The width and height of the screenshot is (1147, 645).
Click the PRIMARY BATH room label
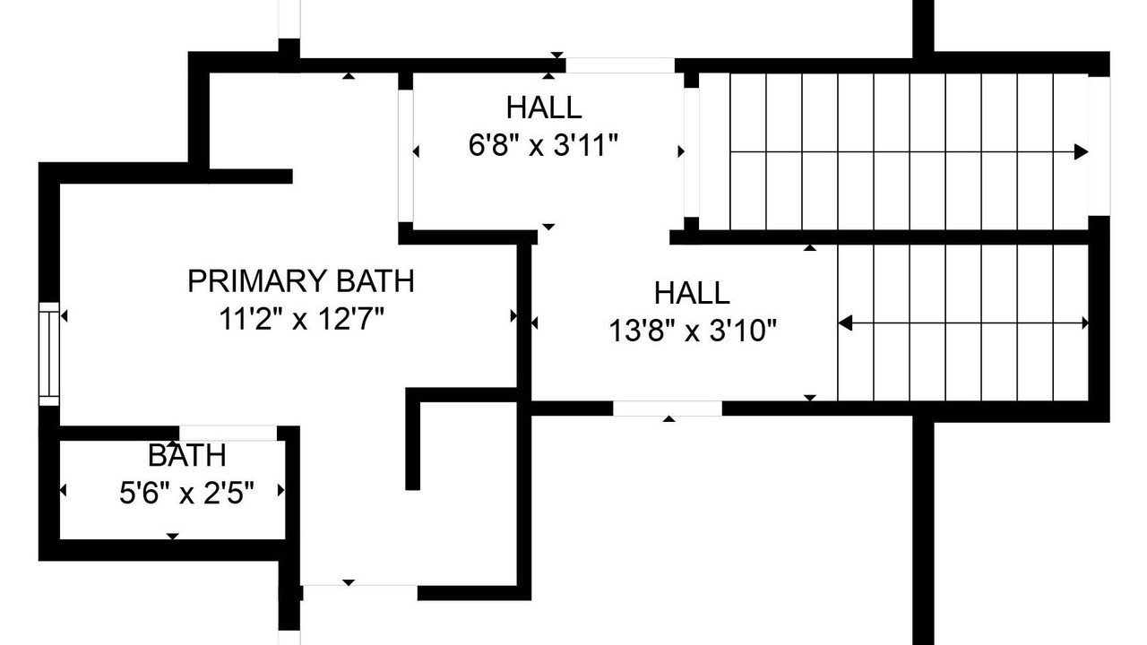pyautogui.click(x=301, y=281)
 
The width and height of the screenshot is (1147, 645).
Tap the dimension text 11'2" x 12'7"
pyautogui.click(x=301, y=319)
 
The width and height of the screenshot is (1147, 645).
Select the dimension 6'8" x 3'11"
pyautogui.click(x=543, y=145)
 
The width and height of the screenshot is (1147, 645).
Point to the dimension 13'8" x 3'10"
pyautogui.click(x=693, y=331)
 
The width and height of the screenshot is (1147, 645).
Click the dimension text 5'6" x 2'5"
pyautogui.click(x=186, y=493)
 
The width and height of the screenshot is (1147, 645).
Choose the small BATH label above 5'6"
pyautogui.click(x=187, y=455)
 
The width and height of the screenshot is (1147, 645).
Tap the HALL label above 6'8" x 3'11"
pyautogui.click(x=544, y=107)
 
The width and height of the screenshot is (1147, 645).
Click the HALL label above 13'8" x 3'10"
pyautogui.click(x=692, y=293)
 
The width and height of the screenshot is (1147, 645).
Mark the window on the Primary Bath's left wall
pyautogui.click(x=49, y=354)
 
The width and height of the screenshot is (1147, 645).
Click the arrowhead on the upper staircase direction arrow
pyautogui.click(x=1081, y=152)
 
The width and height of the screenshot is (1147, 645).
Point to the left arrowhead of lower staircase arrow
pyautogui.click(x=845, y=323)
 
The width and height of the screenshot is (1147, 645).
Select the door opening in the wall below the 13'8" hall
pyautogui.click(x=668, y=408)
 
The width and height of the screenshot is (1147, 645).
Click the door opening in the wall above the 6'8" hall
pyautogui.click(x=620, y=65)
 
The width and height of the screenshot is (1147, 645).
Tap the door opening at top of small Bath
pyautogui.click(x=228, y=433)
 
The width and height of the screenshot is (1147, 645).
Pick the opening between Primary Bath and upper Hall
pyautogui.click(x=406, y=156)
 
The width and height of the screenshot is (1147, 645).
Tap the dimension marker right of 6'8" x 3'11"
pyautogui.click(x=681, y=151)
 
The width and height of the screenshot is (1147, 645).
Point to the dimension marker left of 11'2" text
pyautogui.click(x=64, y=316)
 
